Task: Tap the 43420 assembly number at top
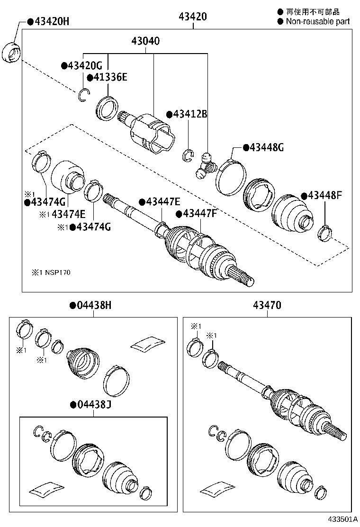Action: (193, 17)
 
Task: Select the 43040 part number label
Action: (145, 41)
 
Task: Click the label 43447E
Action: (160, 201)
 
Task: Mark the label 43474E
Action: (68, 214)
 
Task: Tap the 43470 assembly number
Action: (267, 306)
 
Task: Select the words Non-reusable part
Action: (317, 21)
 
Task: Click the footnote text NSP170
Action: (58, 273)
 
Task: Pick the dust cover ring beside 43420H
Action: (12, 52)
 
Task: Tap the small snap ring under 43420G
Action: (84, 95)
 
